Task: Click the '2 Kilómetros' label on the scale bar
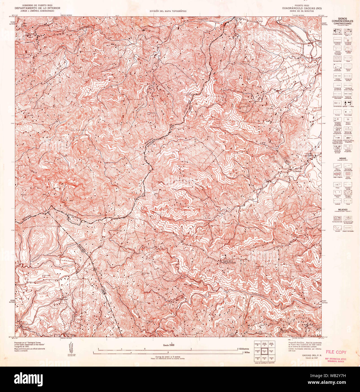244,349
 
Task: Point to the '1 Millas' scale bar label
246,353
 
